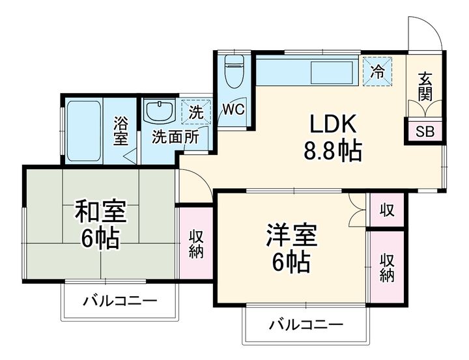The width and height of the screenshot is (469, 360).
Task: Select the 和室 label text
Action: pyautogui.click(x=100, y=212)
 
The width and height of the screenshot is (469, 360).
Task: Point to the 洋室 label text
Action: pyautogui.click(x=291, y=235)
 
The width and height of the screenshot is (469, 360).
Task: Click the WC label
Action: pyautogui.click(x=233, y=109)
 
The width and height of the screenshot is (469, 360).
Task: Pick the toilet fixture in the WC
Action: pyautogui.click(x=233, y=72)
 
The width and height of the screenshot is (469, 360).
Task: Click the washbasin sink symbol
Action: pyautogui.click(x=158, y=111)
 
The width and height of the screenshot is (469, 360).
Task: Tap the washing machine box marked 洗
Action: pyautogui.click(x=196, y=111)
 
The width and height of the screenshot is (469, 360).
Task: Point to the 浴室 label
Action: pyautogui.click(x=121, y=130)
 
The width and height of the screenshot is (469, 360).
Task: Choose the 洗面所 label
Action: pyautogui.click(x=175, y=137)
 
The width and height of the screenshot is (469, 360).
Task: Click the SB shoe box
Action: pyautogui.click(x=424, y=132)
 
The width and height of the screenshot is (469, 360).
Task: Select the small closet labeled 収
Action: pyautogui.click(x=387, y=210)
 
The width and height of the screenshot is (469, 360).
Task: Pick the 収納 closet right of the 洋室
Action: pyautogui.click(x=387, y=267)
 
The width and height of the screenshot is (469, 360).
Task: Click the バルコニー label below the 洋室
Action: pyautogui.click(x=306, y=324)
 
